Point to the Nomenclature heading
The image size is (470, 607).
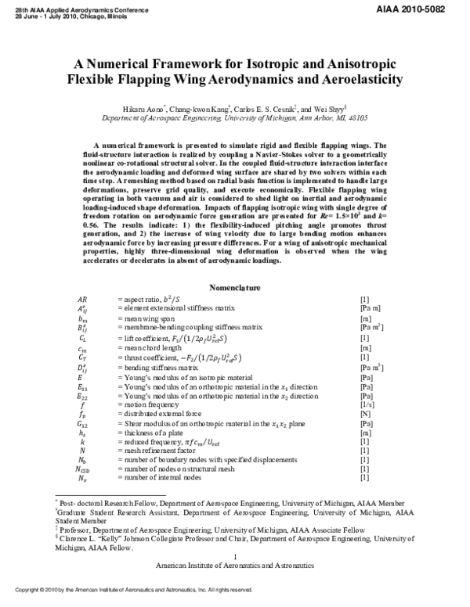pyautogui.click(x=234, y=289)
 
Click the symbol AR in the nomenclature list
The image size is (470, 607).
pyautogui.click(x=82, y=300)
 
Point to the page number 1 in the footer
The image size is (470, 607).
pyautogui.click(x=234, y=556)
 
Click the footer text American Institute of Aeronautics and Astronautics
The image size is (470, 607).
pyautogui.click(x=234, y=565)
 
